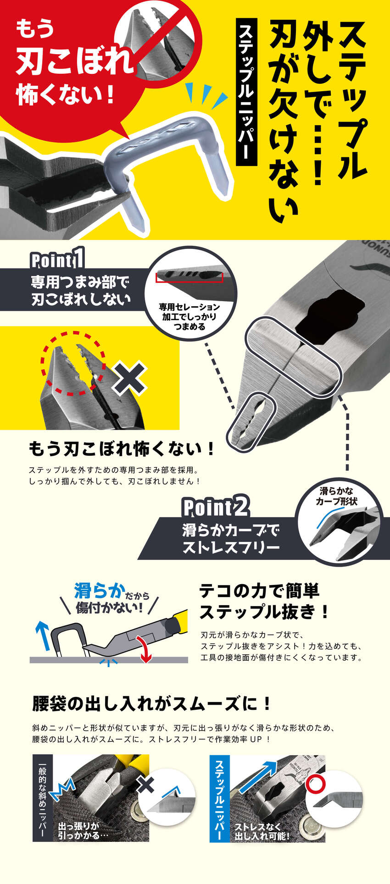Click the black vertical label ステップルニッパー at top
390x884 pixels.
tap(246, 92)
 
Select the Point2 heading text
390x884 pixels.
tap(216, 508)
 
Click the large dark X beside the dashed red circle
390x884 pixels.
tap(129, 378)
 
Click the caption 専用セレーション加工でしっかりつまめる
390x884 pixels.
tap(189, 317)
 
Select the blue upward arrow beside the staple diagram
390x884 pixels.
tap(43, 635)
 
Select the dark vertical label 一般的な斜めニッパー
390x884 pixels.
tap(43, 798)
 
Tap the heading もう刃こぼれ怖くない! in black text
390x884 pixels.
tap(122, 448)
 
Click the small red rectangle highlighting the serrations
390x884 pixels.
tap(189, 276)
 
